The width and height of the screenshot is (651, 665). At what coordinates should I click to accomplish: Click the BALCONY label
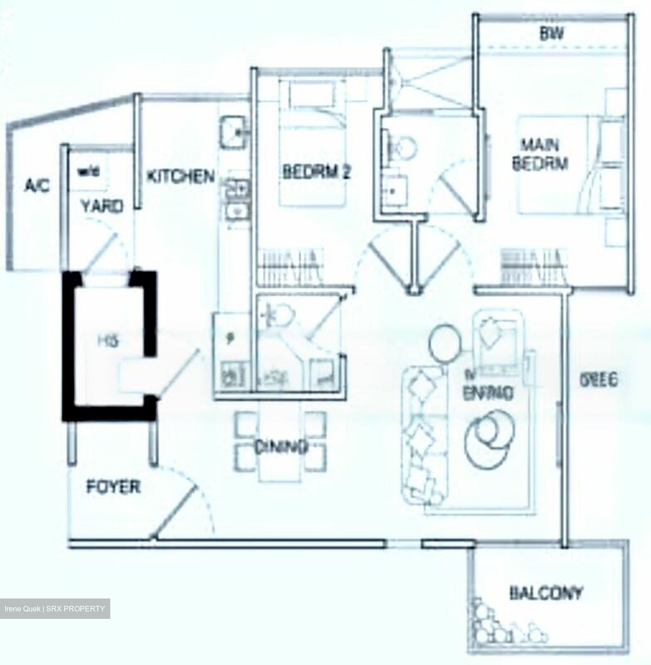(x=546, y=593)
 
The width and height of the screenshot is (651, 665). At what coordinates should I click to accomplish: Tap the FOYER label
(x=113, y=487)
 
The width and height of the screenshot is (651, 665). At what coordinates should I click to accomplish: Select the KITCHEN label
(x=180, y=176)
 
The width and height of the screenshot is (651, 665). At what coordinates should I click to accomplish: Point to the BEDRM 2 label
(x=317, y=172)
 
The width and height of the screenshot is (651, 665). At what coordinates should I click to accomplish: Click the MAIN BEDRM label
(x=539, y=155)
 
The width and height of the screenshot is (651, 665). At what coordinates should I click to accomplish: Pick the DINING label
(x=281, y=447)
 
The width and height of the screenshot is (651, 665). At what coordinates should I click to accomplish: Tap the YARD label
(x=102, y=206)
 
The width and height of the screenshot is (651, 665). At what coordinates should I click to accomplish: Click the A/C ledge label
(x=37, y=186)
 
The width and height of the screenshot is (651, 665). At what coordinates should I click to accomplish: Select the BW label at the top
(x=552, y=34)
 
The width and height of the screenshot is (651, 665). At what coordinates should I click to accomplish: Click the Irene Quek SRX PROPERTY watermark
(x=55, y=609)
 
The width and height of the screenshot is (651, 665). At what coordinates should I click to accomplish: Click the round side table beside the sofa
(x=445, y=341)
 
